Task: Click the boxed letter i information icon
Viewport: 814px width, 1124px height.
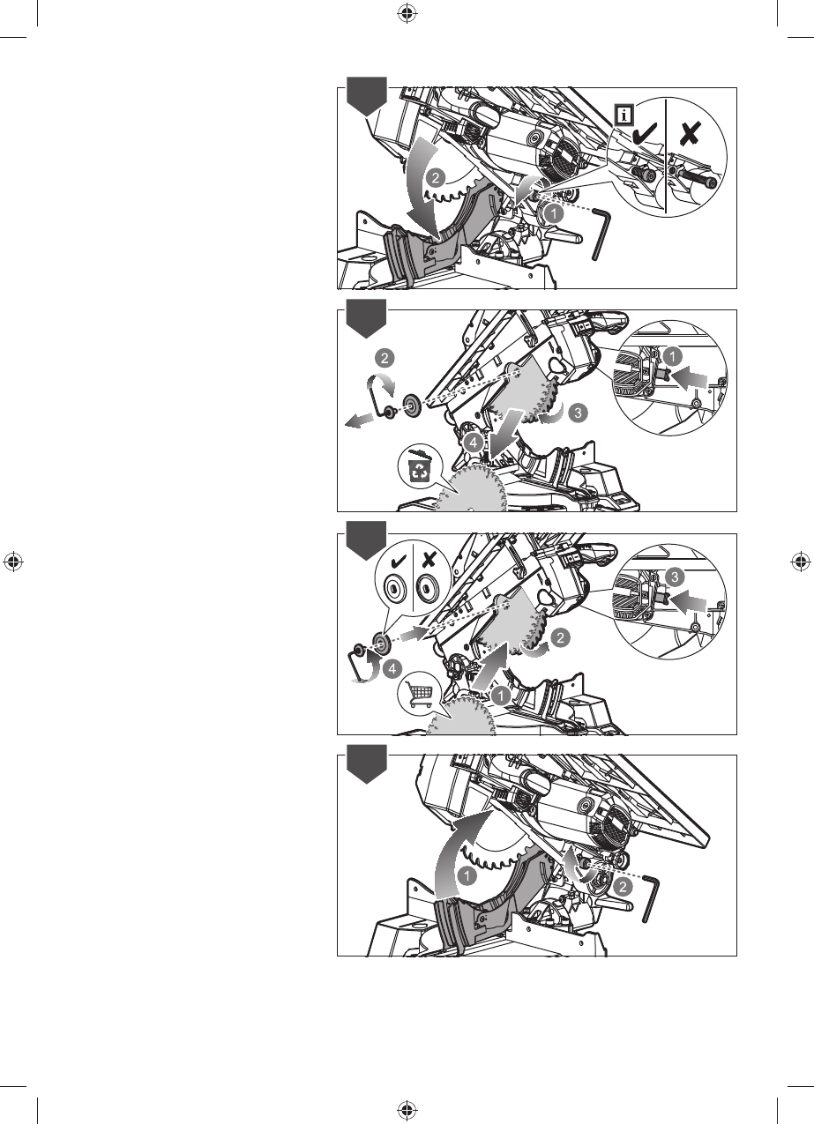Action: click(624, 115)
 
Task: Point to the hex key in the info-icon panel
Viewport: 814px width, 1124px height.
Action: click(601, 234)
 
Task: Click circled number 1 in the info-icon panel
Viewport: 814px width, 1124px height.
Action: click(554, 213)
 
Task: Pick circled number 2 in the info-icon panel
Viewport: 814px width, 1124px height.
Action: click(435, 177)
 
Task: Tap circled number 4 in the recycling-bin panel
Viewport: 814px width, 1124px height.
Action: click(473, 443)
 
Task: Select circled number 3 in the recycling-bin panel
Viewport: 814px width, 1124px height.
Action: click(578, 413)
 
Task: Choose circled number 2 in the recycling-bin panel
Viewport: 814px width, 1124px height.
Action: click(385, 358)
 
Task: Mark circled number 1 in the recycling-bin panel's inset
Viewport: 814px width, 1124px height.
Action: click(673, 357)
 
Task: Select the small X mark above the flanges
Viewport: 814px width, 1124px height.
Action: click(429, 560)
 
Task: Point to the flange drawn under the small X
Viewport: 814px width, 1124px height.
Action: click(428, 585)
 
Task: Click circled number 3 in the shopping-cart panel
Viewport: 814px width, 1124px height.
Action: click(675, 577)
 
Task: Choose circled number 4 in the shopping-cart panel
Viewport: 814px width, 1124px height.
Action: click(392, 668)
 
